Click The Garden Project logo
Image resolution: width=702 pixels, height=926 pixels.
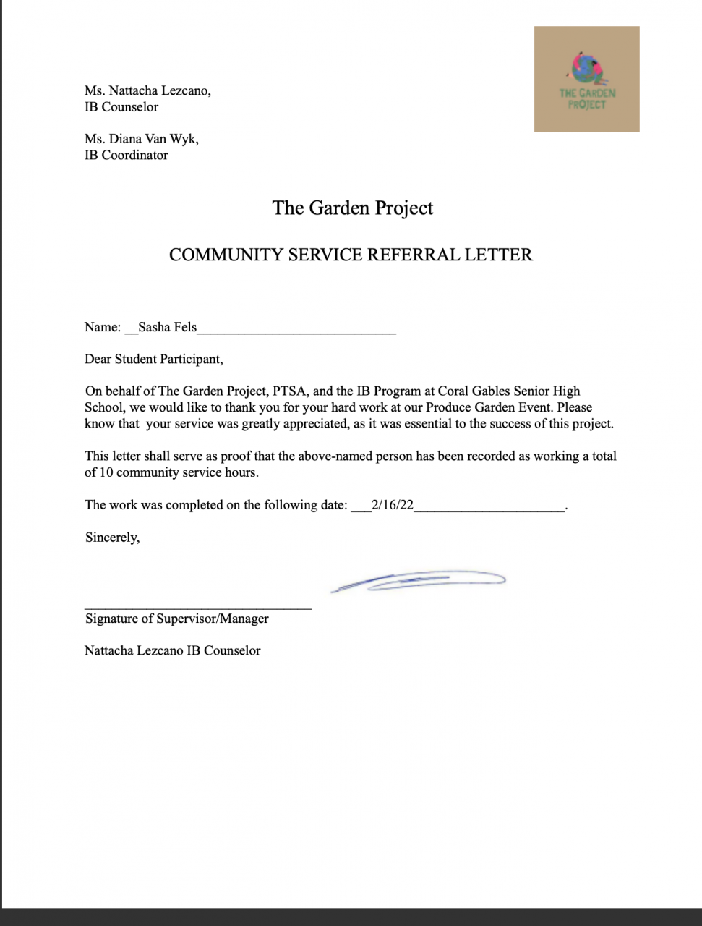pyautogui.click(x=586, y=79)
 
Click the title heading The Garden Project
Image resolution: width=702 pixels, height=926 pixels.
pyautogui.click(x=352, y=208)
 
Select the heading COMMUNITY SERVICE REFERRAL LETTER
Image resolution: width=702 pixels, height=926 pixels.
pyautogui.click(x=351, y=255)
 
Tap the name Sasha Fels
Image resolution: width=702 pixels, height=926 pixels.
pyautogui.click(x=167, y=327)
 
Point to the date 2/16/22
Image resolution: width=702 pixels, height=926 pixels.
pyautogui.click(x=392, y=505)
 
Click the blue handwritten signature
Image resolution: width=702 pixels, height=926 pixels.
pyautogui.click(x=418, y=581)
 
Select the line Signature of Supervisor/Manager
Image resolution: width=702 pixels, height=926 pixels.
pyautogui.click(x=176, y=619)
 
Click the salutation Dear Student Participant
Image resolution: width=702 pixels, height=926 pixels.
pyautogui.click(x=153, y=359)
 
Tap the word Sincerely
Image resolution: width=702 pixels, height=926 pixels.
pyautogui.click(x=112, y=538)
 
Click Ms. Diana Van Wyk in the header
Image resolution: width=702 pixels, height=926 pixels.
pyautogui.click(x=141, y=139)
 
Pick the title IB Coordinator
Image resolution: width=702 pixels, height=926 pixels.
pyautogui.click(x=126, y=155)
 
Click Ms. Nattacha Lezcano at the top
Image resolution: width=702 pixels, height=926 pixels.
pyautogui.click(x=147, y=91)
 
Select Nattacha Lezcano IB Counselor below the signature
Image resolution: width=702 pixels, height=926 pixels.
pyautogui.click(x=172, y=650)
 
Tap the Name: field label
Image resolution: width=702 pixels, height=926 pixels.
pyautogui.click(x=103, y=327)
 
